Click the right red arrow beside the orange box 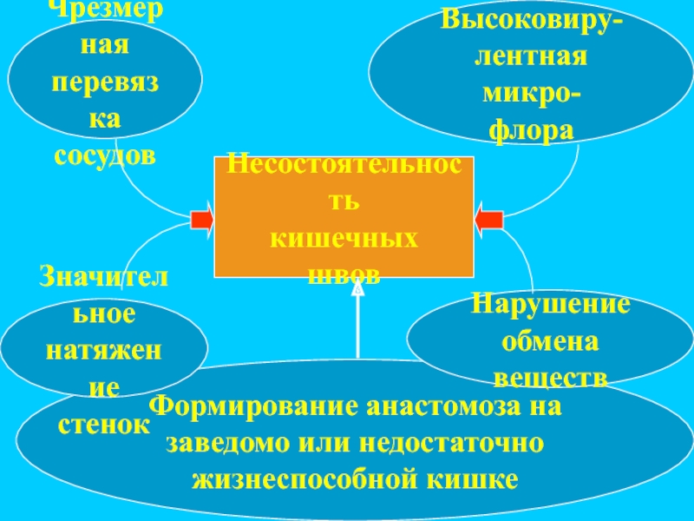[489, 217]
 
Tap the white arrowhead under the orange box [357, 289]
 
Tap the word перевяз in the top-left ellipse [105, 82]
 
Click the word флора [532, 130]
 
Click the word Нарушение [551, 305]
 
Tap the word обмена [551, 341]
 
